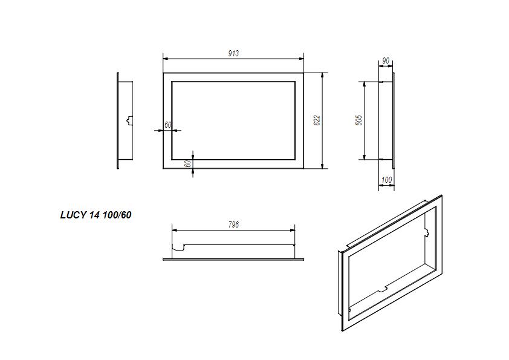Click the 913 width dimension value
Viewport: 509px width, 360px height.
(x=233, y=54)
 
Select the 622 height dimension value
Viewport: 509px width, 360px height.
(x=316, y=120)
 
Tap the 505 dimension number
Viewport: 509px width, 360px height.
(x=359, y=120)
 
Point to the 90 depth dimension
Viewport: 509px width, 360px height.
(x=385, y=61)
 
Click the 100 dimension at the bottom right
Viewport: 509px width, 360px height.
(x=387, y=180)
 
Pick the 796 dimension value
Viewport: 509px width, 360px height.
(x=234, y=224)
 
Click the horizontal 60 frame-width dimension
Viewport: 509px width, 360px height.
(x=168, y=125)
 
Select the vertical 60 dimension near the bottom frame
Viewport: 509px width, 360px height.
(x=187, y=163)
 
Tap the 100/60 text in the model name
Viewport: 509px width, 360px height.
(x=117, y=215)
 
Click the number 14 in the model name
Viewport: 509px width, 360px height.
(x=93, y=215)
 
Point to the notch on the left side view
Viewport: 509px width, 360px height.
(x=128, y=120)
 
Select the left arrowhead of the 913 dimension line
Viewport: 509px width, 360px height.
(x=166, y=59)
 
